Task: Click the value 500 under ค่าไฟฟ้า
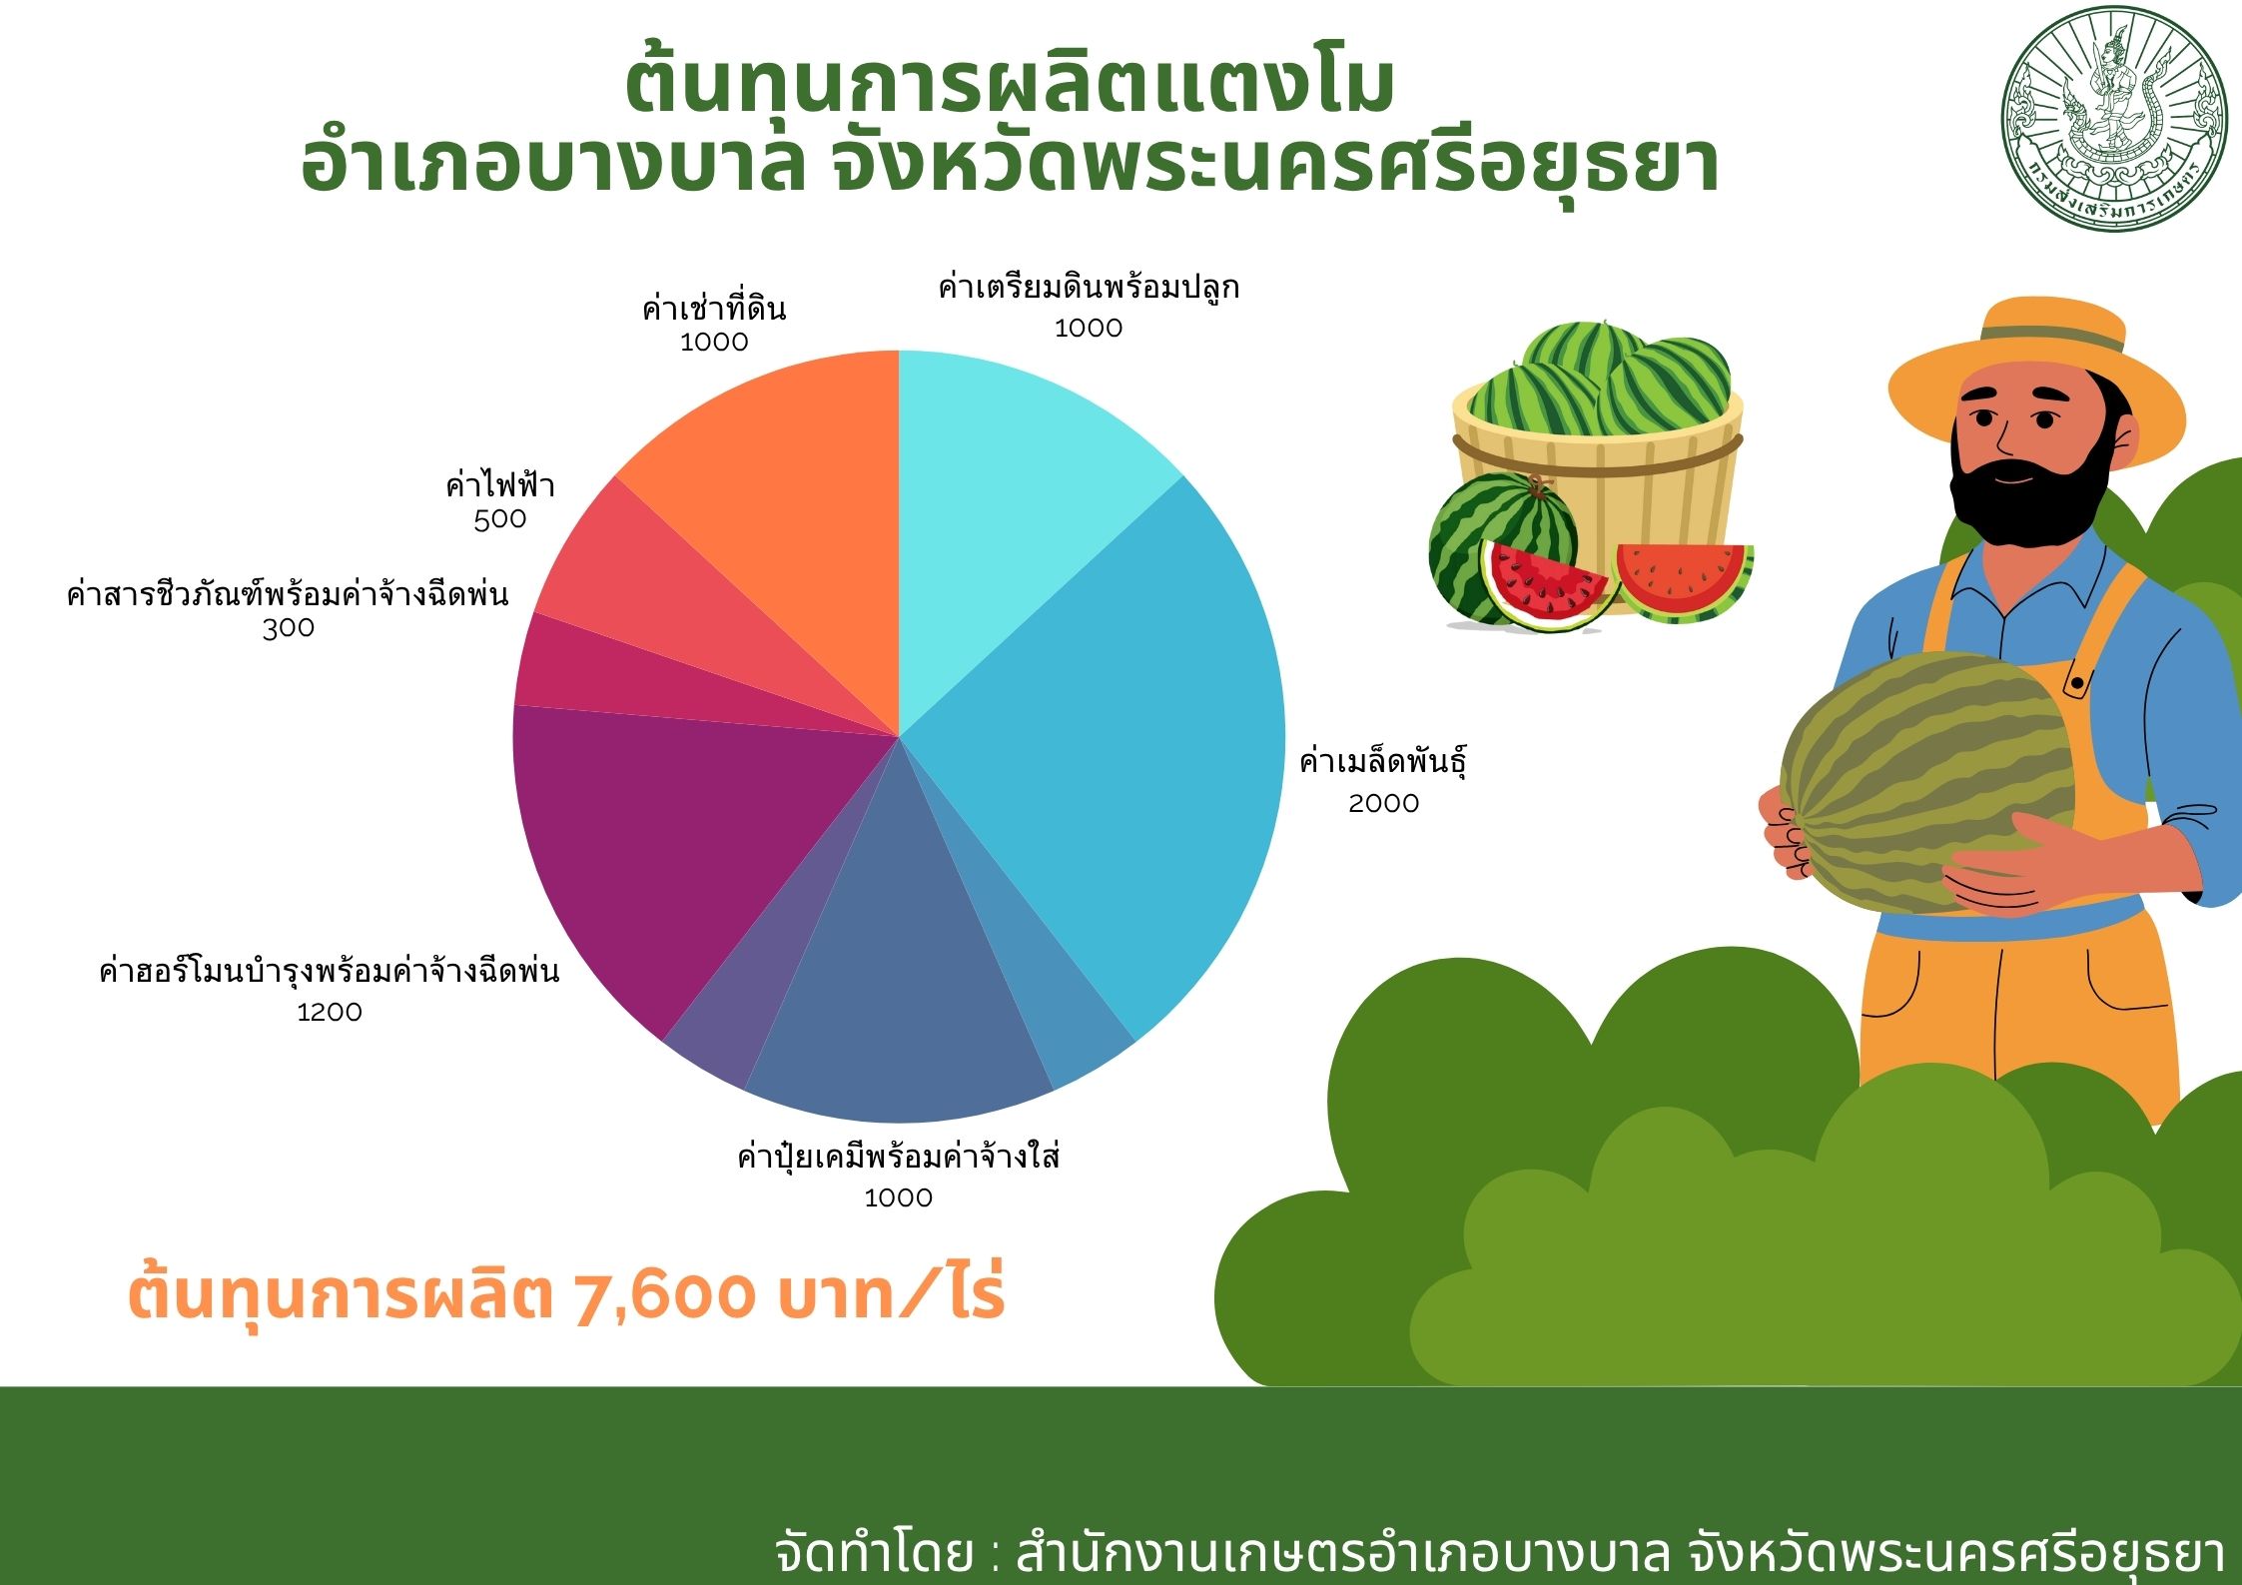pos(499,519)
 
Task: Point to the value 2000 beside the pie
pos(1383,803)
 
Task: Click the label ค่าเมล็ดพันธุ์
pos(1383,763)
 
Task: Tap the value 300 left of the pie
pos(288,628)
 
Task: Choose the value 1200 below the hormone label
pos(330,1012)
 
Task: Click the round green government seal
pos(2114,119)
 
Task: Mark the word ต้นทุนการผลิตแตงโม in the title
pos(1010,85)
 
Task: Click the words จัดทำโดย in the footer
pos(874,1554)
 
